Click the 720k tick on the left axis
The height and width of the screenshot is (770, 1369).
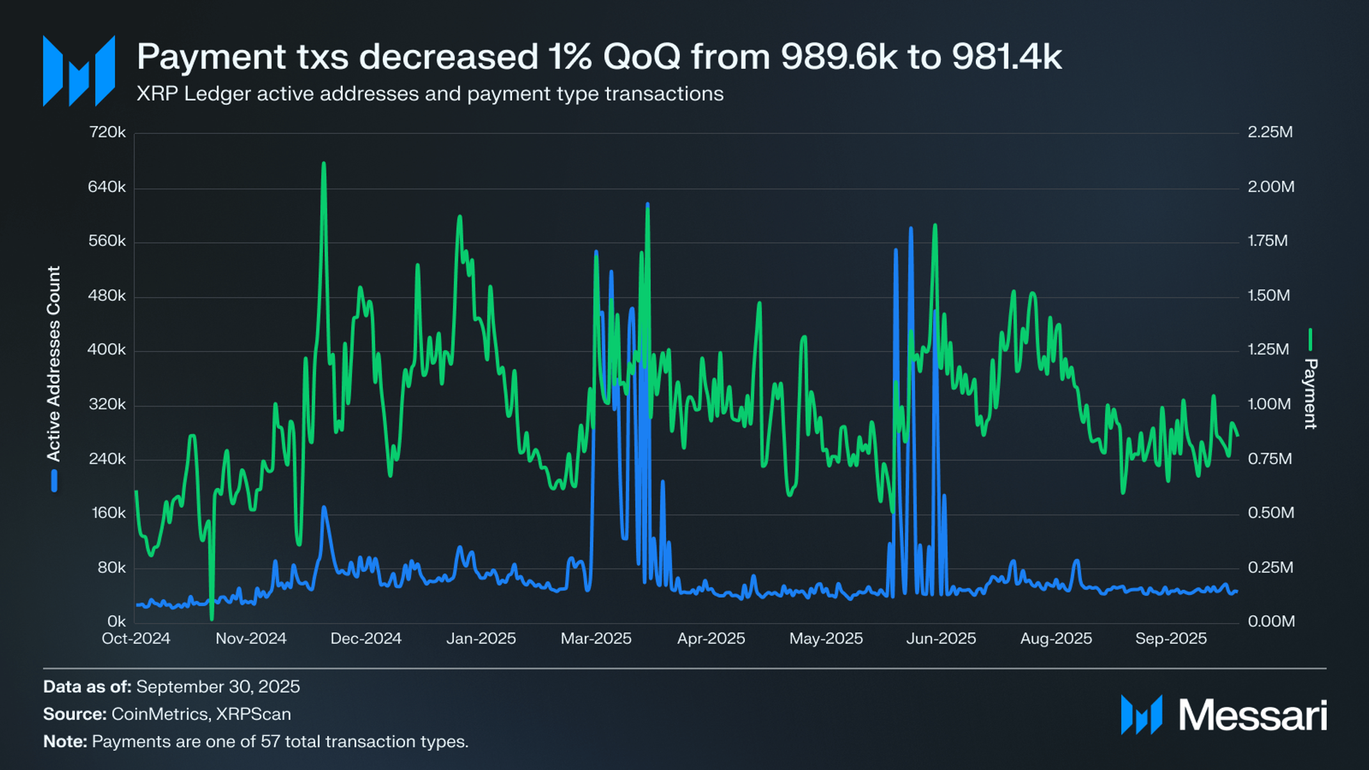(x=107, y=132)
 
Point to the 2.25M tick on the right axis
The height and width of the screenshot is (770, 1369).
(x=1270, y=132)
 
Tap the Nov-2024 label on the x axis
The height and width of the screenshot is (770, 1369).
(x=251, y=638)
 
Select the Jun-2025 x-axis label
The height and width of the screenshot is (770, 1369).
(x=941, y=638)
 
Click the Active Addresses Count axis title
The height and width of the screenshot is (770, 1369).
(x=54, y=364)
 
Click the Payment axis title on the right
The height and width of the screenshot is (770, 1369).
(x=1310, y=393)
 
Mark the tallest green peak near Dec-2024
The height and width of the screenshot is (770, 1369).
(x=323, y=164)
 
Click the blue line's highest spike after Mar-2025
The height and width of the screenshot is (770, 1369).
(x=647, y=205)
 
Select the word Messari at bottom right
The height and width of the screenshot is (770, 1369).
(x=1253, y=714)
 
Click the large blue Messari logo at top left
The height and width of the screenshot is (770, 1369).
(x=79, y=71)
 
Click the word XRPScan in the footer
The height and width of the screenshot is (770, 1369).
(x=254, y=714)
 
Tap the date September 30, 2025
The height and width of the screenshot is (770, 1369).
(x=218, y=686)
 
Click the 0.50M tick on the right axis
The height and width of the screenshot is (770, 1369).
(x=1271, y=513)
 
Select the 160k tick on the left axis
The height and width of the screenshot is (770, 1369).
(x=109, y=513)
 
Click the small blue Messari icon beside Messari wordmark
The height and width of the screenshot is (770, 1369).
(x=1141, y=714)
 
